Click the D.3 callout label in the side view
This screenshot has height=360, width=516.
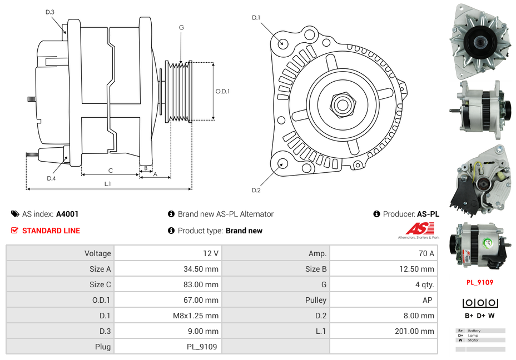[x=50, y=12]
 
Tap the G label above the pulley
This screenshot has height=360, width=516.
[x=181, y=27]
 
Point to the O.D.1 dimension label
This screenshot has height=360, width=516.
[x=222, y=91]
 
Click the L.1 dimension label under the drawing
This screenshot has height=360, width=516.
[x=107, y=183]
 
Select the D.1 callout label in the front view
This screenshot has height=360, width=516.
[x=256, y=18]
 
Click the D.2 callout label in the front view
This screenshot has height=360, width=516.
[x=256, y=191]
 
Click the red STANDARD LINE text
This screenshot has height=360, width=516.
[x=51, y=231]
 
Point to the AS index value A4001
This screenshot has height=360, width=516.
[x=67, y=214]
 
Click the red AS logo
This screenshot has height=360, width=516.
[x=420, y=228]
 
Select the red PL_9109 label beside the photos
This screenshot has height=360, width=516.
[x=479, y=282]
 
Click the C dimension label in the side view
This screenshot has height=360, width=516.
[x=111, y=171]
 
